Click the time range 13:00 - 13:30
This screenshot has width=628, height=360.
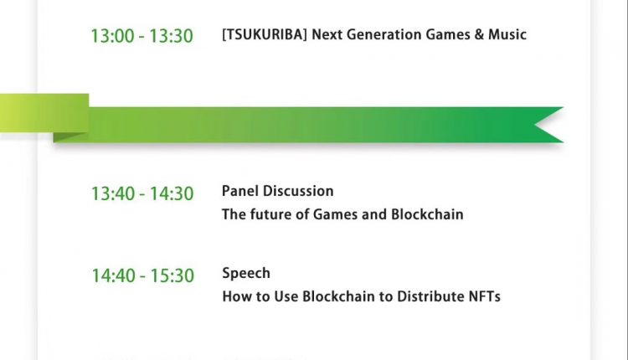click(142, 36)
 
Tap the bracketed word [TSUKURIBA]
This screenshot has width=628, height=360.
click(265, 34)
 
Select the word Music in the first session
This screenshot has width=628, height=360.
click(507, 34)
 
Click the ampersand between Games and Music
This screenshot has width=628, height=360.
click(479, 34)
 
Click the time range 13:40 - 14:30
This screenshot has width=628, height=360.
click(142, 194)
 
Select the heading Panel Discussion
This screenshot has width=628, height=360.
click(277, 191)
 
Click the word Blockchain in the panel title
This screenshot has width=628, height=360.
click(427, 214)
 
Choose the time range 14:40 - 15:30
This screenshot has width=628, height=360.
click(143, 276)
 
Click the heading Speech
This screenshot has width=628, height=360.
click(246, 274)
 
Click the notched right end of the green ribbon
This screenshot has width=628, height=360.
click(548, 125)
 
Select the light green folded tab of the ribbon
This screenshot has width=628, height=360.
click(44, 113)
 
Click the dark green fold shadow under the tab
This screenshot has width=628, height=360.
click(68, 137)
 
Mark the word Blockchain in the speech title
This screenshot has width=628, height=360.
click(338, 296)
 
